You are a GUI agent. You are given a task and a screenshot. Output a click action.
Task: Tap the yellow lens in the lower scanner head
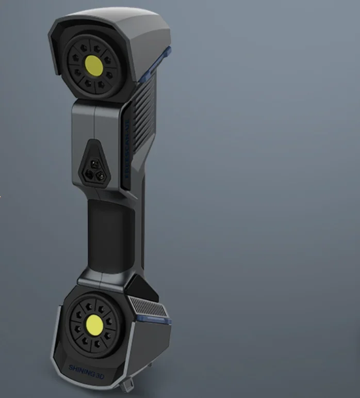click(94, 325)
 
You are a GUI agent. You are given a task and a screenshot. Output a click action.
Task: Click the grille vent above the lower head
click(147, 308)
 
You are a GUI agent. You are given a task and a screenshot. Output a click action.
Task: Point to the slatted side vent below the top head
click(145, 103)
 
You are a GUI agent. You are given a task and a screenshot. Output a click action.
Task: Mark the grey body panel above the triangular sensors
click(95, 119)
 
